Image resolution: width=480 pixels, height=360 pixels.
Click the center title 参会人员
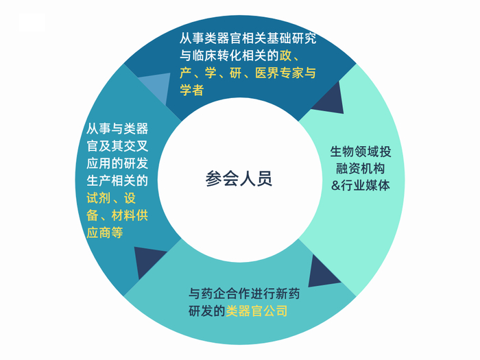(239, 180)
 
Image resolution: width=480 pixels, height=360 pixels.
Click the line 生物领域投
(361, 152)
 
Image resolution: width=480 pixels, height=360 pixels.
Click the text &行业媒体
(361, 185)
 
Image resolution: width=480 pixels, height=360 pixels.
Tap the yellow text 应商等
(105, 233)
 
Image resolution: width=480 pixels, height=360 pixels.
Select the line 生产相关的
(117, 180)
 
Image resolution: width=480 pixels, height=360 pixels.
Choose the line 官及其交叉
(117, 145)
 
